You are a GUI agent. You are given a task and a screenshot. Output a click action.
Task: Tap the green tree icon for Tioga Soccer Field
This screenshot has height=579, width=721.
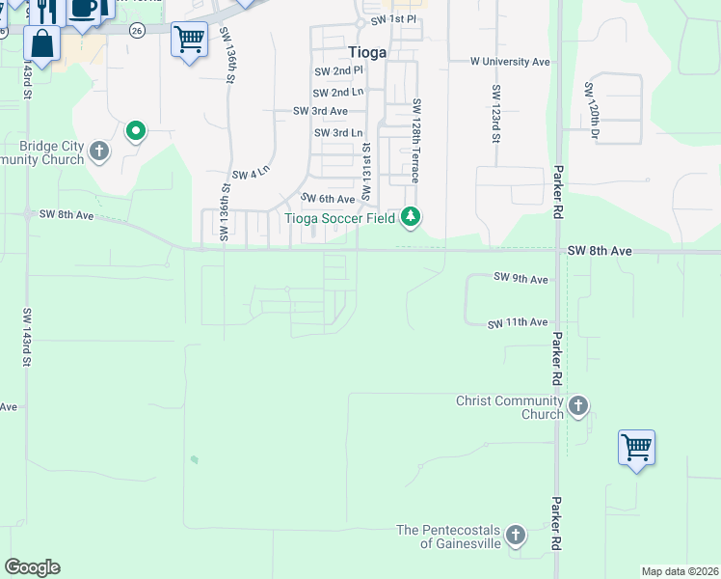point(412,216)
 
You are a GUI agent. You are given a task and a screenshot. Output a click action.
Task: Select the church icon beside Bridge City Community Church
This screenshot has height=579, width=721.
point(99,151)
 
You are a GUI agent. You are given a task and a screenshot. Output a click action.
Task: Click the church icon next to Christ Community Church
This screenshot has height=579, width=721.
point(578,405)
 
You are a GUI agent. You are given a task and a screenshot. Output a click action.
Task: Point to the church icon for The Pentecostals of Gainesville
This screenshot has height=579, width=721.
point(516,534)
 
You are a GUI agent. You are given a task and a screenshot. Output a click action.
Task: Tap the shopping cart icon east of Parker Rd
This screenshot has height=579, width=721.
point(636,447)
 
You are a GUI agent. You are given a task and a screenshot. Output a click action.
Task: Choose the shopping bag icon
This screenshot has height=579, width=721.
point(42,42)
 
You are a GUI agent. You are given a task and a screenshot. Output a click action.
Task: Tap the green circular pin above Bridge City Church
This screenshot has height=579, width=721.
point(136,129)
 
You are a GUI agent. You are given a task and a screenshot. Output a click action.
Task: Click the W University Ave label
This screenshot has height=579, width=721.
point(510,62)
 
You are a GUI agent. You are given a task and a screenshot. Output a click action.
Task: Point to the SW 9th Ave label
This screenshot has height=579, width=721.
point(521,278)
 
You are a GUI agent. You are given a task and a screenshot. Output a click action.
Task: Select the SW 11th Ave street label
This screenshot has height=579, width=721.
point(518,322)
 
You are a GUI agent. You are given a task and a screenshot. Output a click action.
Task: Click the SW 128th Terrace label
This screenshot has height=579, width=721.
point(416,140)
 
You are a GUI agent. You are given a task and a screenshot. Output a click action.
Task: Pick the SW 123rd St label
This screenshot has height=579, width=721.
point(495,114)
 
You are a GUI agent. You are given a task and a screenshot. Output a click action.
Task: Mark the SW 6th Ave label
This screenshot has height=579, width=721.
point(328,198)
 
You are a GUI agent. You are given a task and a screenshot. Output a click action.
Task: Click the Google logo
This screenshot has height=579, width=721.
point(32,567)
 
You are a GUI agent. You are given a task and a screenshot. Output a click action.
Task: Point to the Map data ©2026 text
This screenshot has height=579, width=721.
point(680,571)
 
